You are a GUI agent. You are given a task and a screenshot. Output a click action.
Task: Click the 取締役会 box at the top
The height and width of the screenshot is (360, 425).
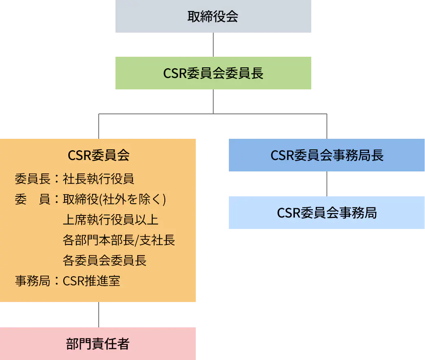pyautogui.click(x=213, y=16)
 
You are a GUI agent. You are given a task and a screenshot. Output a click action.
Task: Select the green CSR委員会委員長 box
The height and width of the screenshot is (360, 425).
pyautogui.click(x=213, y=73)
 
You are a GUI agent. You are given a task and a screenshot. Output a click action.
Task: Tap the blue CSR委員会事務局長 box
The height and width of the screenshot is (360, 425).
pyautogui.click(x=327, y=155)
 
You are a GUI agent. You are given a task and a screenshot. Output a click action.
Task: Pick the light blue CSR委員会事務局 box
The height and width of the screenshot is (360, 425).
pyautogui.click(x=327, y=213)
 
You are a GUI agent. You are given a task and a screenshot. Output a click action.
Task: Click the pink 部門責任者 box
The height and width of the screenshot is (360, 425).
pyautogui.click(x=98, y=344)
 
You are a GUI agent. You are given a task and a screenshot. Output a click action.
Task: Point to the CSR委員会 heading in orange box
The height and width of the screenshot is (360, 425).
pyautogui.click(x=98, y=155)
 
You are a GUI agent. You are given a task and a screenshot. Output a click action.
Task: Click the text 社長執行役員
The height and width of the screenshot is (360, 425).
pyautogui.click(x=98, y=179)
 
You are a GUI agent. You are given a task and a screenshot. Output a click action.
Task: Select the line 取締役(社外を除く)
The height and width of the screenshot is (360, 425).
pyautogui.click(x=114, y=199)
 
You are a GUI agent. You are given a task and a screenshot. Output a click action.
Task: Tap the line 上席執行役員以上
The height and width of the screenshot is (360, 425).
pyautogui.click(x=111, y=220)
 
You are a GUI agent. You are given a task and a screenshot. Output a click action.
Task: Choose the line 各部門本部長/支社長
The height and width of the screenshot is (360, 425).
pyautogui.click(x=119, y=240)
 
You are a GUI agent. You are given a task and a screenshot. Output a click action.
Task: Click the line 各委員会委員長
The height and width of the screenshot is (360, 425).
pyautogui.click(x=105, y=260)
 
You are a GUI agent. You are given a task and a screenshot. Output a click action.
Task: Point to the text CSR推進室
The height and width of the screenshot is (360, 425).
pyautogui.click(x=91, y=281)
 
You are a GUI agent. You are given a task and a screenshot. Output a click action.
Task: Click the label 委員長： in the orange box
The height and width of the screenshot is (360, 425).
pyautogui.click(x=37, y=179)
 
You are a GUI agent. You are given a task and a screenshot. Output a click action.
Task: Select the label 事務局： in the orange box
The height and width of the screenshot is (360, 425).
pyautogui.click(x=37, y=281)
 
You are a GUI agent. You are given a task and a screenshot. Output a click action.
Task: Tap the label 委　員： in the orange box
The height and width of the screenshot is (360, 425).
pyautogui.click(x=37, y=199)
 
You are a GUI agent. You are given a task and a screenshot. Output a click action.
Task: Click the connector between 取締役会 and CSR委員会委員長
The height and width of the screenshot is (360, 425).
pyautogui.click(x=213, y=44)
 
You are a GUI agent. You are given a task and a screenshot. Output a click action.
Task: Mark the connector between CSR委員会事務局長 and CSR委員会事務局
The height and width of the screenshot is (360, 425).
pyautogui.click(x=327, y=184)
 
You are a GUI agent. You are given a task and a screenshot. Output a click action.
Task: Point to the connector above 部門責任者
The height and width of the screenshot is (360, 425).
pyautogui.click(x=99, y=315)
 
